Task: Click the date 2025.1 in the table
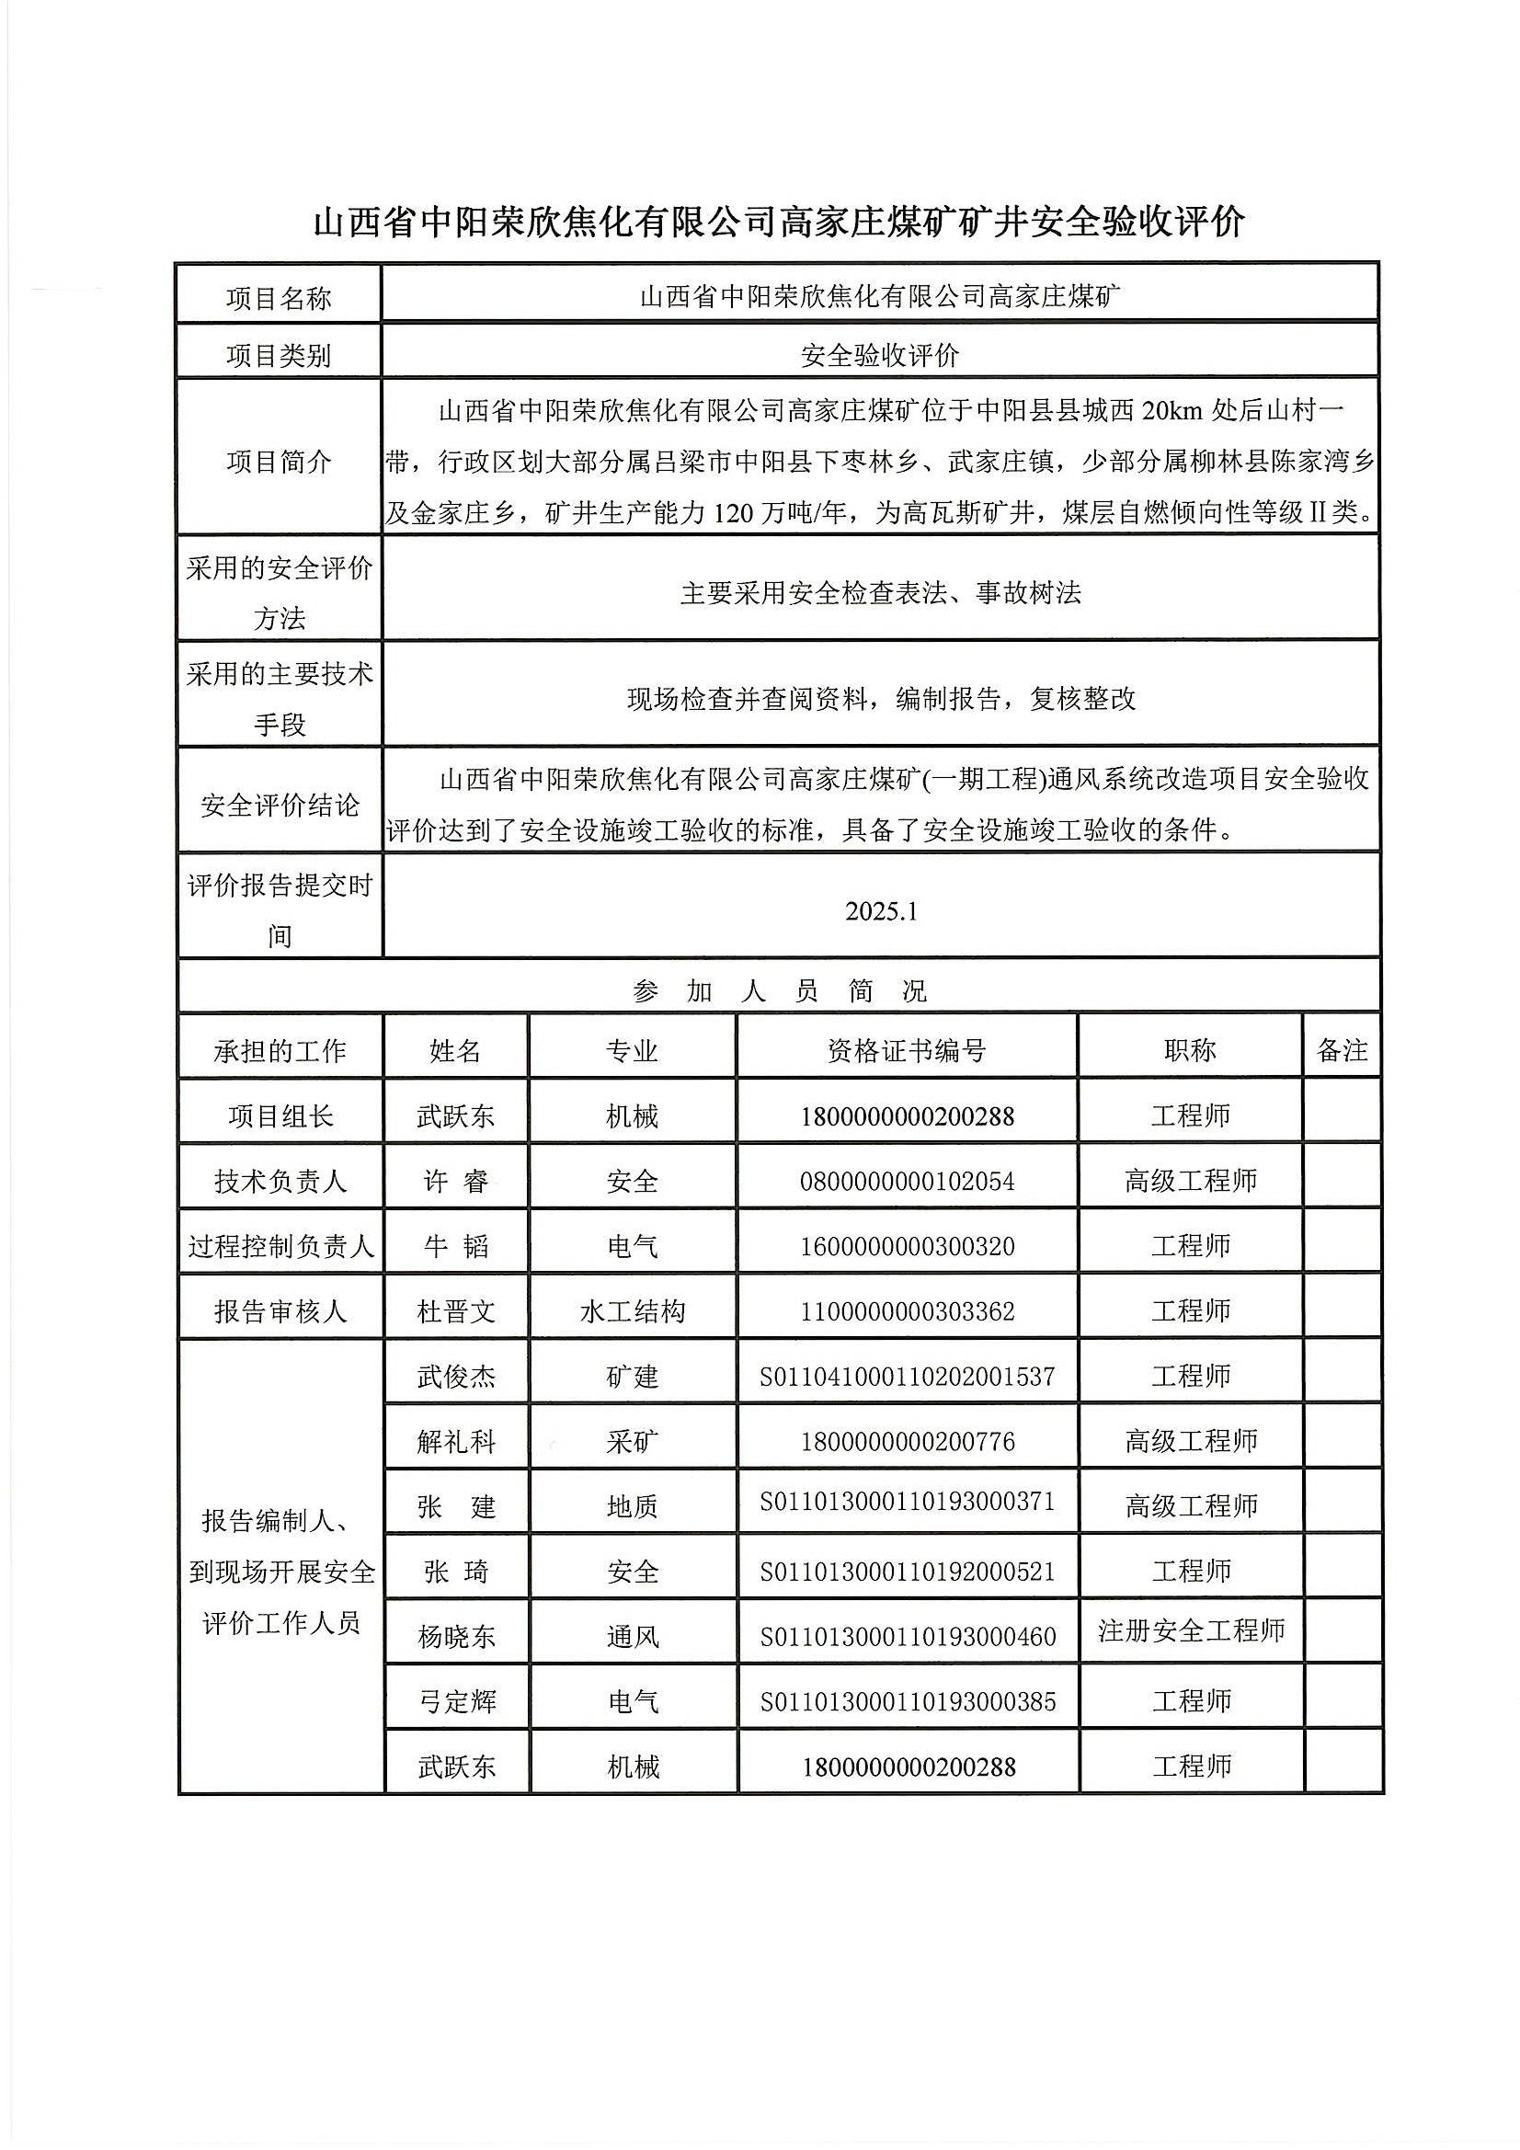(880, 911)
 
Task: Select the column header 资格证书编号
(907, 1051)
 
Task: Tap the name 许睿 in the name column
(456, 1182)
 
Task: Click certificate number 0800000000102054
(907, 1182)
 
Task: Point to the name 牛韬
(456, 1246)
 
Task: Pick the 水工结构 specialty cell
(632, 1311)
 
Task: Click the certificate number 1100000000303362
(907, 1311)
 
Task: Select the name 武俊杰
(456, 1377)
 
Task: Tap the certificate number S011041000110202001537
(907, 1377)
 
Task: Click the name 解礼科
(456, 1441)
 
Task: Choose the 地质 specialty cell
(632, 1505)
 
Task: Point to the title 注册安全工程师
(1190, 1630)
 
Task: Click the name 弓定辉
(456, 1701)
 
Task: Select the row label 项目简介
(280, 462)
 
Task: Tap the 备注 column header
(1342, 1051)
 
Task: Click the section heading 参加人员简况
(779, 990)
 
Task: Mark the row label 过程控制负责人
(280, 1246)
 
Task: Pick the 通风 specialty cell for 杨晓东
(632, 1636)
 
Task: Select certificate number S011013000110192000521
(907, 1572)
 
